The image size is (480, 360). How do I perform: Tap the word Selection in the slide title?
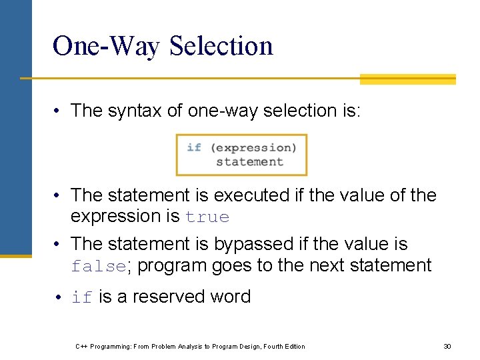click(221, 46)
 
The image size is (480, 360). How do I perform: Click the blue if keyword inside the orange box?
click(194, 147)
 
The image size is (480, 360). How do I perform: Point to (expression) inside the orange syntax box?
click(253, 147)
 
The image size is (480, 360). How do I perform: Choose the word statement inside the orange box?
click(249, 161)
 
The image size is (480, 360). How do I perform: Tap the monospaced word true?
click(207, 217)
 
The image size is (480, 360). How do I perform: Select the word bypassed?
click(257, 244)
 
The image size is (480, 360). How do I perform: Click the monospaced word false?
click(98, 266)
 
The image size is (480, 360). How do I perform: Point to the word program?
click(169, 265)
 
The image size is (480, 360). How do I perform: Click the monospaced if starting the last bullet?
click(82, 297)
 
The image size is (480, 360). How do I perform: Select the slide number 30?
click(447, 346)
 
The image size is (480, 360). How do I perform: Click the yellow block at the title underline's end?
click(407, 79)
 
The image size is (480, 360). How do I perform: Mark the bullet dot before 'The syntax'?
click(59, 111)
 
